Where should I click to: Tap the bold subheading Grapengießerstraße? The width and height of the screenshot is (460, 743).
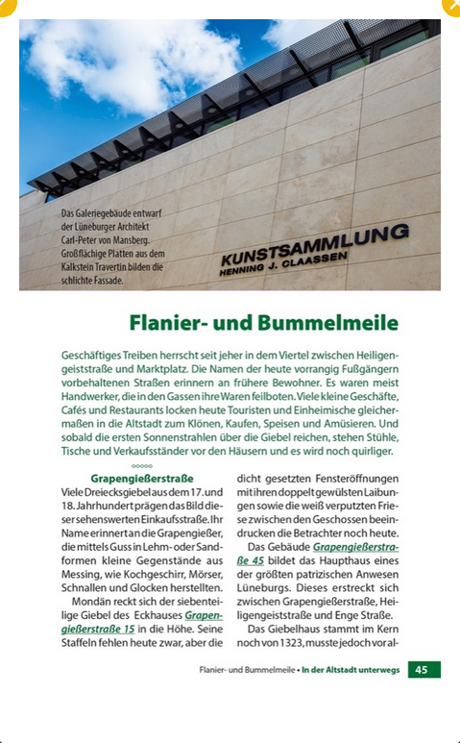coord(142,478)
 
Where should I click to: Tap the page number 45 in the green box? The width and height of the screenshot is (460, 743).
coord(424,669)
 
